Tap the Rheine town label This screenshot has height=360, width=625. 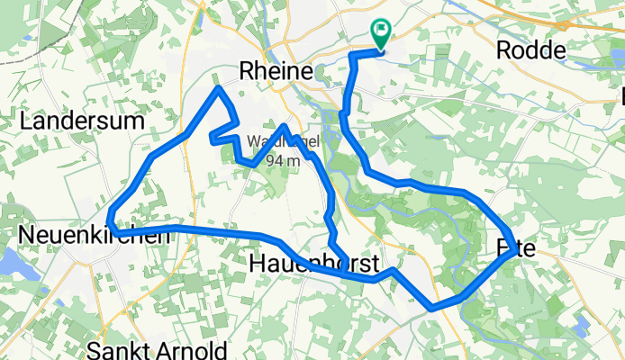(276, 71)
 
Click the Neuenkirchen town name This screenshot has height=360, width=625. (90, 236)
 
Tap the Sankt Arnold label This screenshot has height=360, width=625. (157, 348)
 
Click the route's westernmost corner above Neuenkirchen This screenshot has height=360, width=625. (109, 224)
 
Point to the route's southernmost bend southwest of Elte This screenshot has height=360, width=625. (433, 308)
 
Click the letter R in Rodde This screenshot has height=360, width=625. (503, 51)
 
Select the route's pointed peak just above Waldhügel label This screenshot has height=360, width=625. (285, 127)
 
